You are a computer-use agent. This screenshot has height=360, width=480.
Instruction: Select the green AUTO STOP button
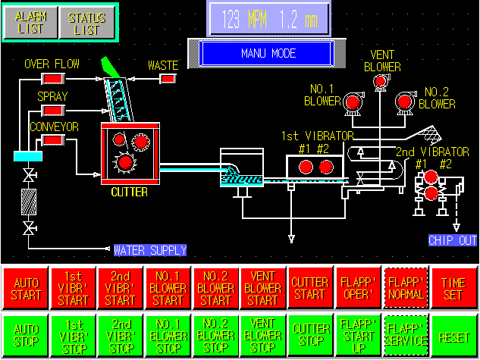25,334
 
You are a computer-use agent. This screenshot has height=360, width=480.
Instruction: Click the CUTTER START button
309,288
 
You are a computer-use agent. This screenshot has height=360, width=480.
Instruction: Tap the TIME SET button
453,288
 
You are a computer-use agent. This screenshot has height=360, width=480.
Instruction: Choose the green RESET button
453,334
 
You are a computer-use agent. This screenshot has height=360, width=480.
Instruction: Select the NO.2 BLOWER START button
215,288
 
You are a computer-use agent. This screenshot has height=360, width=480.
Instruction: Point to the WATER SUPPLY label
149,249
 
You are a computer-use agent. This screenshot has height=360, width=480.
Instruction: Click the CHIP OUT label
453,240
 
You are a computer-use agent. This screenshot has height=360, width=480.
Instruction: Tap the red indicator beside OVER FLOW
52,79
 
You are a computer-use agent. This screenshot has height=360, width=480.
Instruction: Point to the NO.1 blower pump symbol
352,101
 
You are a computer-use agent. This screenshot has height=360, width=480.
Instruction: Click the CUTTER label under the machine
129,192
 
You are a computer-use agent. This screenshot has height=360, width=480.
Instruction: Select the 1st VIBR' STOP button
73,334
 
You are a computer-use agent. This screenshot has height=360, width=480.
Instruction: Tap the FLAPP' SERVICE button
405,334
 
